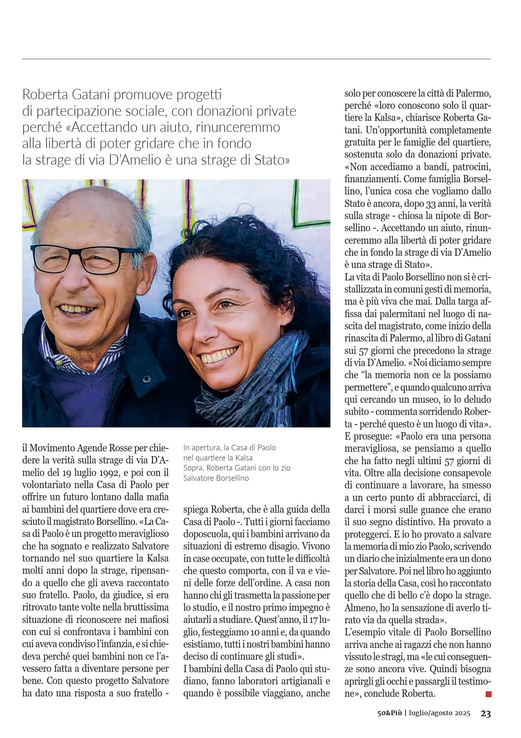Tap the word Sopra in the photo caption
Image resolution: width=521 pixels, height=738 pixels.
click(x=193, y=468)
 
